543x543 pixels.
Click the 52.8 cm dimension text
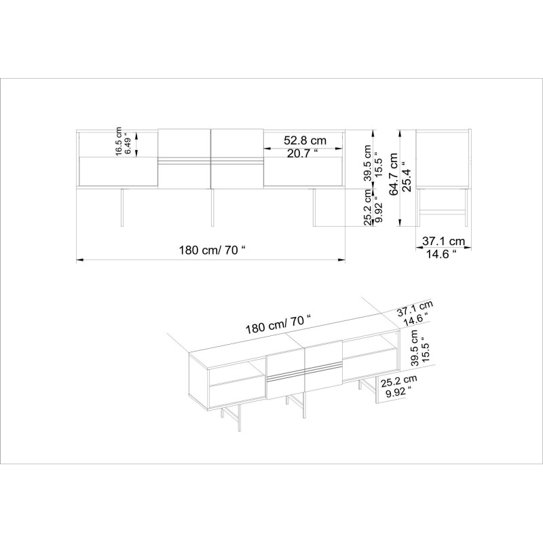[305, 141]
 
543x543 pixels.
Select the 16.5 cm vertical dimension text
[118, 142]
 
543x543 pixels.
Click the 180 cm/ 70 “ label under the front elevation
[211, 249]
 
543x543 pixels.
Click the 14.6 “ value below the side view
[441, 255]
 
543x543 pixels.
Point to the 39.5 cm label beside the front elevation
[367, 163]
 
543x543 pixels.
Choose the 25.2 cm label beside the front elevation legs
[367, 207]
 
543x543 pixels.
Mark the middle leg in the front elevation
[212, 206]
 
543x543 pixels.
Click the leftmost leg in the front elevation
[122, 206]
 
